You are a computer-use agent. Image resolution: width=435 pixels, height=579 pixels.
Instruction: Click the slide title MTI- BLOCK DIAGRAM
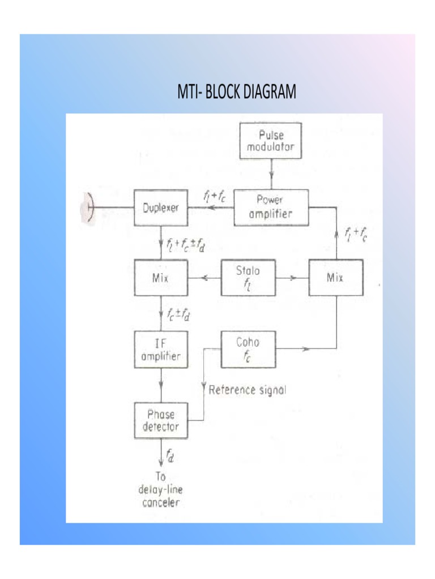click(237, 92)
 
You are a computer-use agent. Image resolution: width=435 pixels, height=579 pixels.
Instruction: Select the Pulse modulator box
click(270, 141)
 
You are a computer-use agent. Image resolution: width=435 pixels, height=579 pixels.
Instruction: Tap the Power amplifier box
click(271, 208)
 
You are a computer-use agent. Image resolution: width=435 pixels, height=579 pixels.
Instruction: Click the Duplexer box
click(161, 208)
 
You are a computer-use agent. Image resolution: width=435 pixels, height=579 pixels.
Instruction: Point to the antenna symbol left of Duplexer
click(88, 208)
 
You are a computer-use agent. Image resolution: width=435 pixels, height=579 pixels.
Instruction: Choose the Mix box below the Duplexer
click(161, 278)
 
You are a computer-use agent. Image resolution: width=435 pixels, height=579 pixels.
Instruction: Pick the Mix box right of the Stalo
click(336, 278)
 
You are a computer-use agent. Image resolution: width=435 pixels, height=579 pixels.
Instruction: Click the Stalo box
click(248, 278)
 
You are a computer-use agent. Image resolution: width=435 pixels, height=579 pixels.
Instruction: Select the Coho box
click(248, 349)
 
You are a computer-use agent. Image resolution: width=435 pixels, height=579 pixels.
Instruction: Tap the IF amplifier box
click(161, 349)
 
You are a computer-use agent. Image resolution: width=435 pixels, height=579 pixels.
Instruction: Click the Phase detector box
click(161, 421)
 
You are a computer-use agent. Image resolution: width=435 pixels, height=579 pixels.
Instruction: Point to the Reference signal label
click(248, 390)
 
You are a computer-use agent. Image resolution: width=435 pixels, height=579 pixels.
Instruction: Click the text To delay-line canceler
click(160, 489)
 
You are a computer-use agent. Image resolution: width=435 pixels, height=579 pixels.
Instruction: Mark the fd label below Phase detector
click(170, 456)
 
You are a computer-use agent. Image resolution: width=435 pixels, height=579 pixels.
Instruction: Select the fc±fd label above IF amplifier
click(178, 314)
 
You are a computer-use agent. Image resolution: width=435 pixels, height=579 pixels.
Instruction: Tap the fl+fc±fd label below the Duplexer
click(186, 244)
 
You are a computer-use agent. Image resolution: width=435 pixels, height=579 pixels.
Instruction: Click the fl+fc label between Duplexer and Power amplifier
click(215, 197)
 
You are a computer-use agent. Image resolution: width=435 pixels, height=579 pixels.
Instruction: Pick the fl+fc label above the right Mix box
click(356, 234)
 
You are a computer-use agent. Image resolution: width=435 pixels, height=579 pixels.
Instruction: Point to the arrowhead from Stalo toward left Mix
click(204, 278)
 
